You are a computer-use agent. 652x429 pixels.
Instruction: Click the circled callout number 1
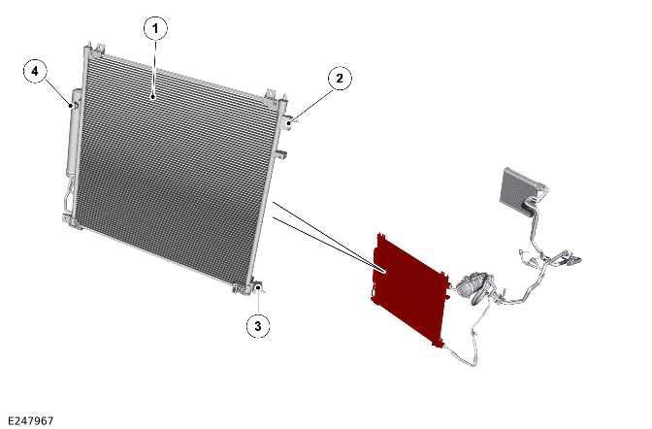point(155,29)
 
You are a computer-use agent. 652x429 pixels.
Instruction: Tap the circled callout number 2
point(340,79)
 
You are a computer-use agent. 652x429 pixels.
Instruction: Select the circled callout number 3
point(258,326)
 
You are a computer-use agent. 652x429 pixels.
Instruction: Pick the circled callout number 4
point(35,71)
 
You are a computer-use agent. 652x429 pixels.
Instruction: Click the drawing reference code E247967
point(30,420)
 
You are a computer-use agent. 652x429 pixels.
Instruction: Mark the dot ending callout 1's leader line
point(154,97)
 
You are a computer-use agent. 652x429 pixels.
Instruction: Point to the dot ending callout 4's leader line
point(71,106)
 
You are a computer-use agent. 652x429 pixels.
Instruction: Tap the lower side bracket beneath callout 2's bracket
point(281,154)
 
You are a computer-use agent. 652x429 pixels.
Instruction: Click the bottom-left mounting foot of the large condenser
point(69,220)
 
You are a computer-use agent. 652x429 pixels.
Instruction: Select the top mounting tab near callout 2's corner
point(271,94)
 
